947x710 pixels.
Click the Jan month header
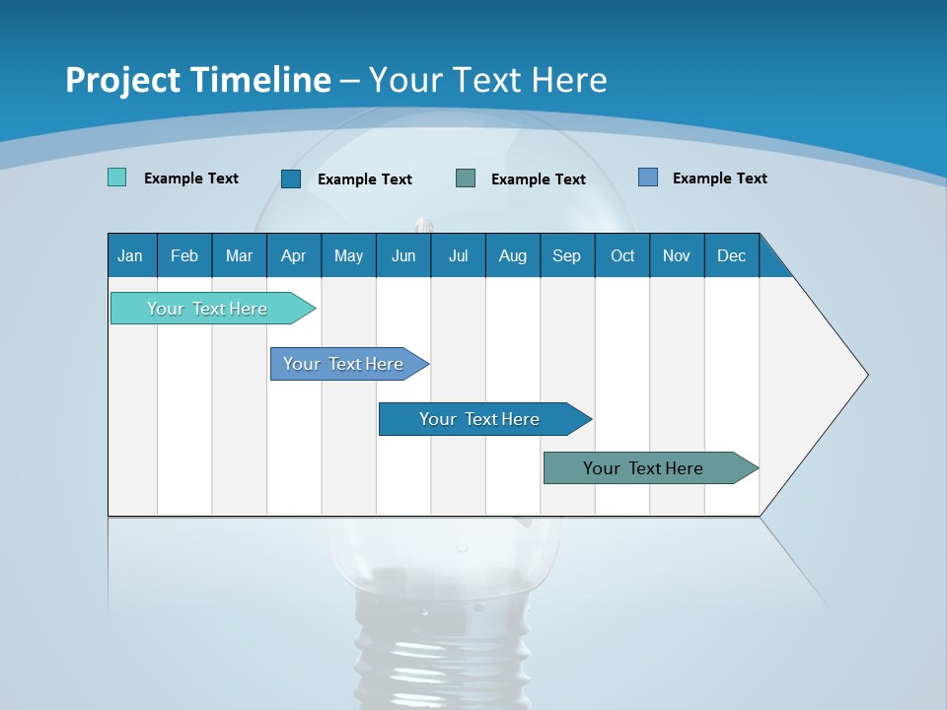tap(130, 255)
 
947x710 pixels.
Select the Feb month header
tap(184, 255)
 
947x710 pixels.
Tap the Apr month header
tap(293, 255)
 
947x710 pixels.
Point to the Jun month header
tap(403, 255)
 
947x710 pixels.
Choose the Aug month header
tap(512, 255)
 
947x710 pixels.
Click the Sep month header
tap(566, 255)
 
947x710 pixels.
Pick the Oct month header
tap(622, 255)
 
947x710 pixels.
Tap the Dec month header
tap(731, 255)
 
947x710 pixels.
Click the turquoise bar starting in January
tap(207, 309)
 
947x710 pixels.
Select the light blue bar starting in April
tap(343, 364)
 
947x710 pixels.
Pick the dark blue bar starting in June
tap(479, 419)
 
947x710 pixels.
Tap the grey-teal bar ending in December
tap(643, 468)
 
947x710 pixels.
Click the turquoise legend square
tap(116, 177)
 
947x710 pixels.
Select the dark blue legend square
tap(291, 178)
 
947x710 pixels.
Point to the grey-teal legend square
tap(466, 178)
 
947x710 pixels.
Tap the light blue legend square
tap(648, 177)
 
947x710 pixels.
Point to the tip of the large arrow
tap(865, 375)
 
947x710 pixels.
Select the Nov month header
tap(676, 255)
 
